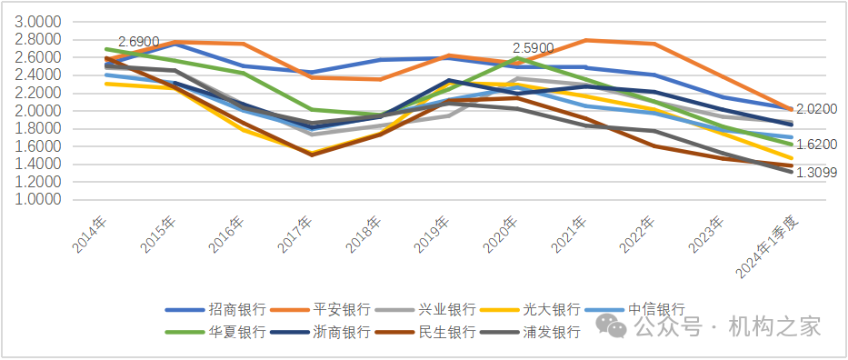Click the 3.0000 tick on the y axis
pos(39,22)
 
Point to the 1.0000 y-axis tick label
pos(39,199)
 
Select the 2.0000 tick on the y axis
pos(39,111)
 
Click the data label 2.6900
pos(139,42)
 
